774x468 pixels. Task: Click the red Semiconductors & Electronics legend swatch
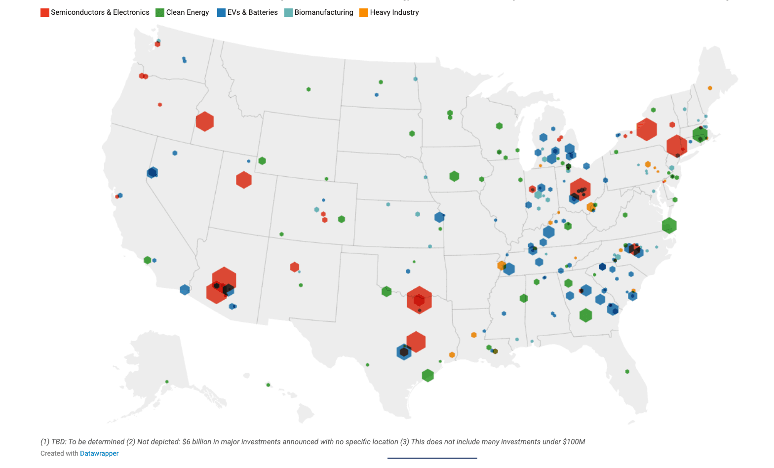45,13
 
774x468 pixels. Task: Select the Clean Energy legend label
187,12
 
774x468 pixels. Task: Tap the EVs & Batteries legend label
252,12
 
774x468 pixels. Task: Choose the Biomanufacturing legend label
324,12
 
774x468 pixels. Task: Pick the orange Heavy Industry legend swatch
364,13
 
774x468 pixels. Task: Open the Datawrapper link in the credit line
99,453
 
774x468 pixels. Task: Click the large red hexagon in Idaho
204,121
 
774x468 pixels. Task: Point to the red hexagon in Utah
244,180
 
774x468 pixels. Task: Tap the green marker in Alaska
167,382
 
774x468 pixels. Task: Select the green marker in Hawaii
268,385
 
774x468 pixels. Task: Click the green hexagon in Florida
627,371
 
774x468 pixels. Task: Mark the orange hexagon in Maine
710,88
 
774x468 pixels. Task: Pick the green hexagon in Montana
309,89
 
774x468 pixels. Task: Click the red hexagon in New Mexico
294,267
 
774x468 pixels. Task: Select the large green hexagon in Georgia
585,315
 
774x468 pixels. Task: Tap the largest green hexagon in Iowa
454,176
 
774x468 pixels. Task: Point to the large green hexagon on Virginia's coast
669,226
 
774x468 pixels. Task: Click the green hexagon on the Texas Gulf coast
427,375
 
